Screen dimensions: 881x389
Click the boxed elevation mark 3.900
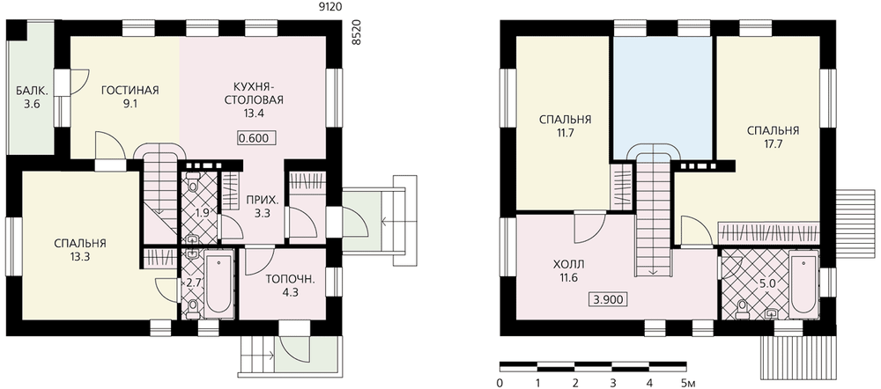click(609, 299)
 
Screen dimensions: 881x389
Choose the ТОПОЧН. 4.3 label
click(288, 284)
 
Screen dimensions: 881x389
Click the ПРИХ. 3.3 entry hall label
click(255, 206)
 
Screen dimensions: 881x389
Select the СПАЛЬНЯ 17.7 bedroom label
click(774, 137)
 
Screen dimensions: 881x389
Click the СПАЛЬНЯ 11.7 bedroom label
click(566, 127)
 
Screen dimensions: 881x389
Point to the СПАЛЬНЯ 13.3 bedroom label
click(80, 250)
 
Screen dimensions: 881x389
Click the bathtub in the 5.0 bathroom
click(803, 284)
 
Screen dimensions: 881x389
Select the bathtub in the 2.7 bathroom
click(218, 286)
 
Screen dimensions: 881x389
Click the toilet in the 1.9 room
click(193, 183)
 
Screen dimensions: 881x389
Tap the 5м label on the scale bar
click(689, 384)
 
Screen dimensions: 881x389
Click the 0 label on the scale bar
click(500, 384)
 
